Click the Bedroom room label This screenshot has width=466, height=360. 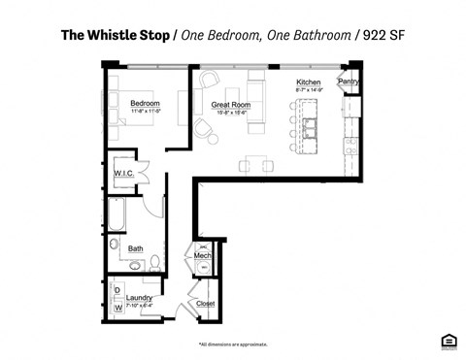(x=145, y=102)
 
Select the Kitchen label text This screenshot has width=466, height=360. (x=309, y=83)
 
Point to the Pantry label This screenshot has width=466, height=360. (x=349, y=82)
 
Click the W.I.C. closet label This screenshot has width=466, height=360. (x=123, y=173)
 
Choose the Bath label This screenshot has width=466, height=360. (x=136, y=248)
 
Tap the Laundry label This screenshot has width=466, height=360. (x=140, y=297)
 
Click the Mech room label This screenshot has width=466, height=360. (x=202, y=255)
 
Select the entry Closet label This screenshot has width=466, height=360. (x=205, y=303)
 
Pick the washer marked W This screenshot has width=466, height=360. (x=117, y=307)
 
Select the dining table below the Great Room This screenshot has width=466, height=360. (x=258, y=163)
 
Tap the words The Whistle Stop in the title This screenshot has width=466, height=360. (x=115, y=36)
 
